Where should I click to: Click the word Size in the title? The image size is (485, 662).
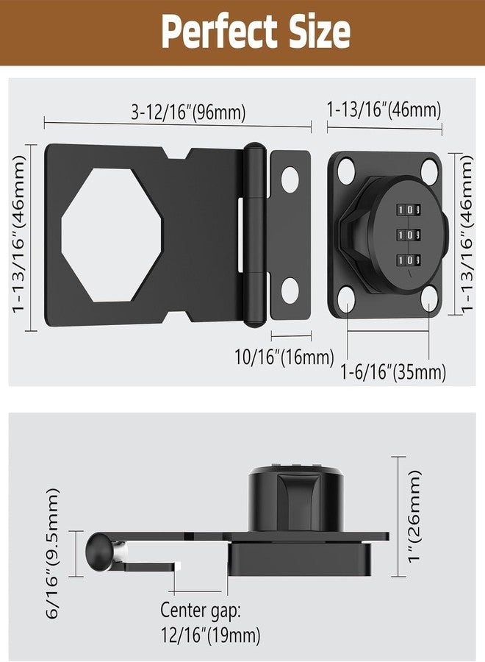(320, 31)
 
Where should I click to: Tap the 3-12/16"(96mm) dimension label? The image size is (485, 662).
(188, 113)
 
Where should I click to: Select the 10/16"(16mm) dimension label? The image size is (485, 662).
(284, 357)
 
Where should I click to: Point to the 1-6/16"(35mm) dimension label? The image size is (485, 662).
(393, 372)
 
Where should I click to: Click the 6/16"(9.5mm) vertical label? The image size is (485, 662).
(53, 553)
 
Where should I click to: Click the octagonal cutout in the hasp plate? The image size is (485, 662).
(112, 235)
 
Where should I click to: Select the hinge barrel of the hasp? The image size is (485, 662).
(254, 235)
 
